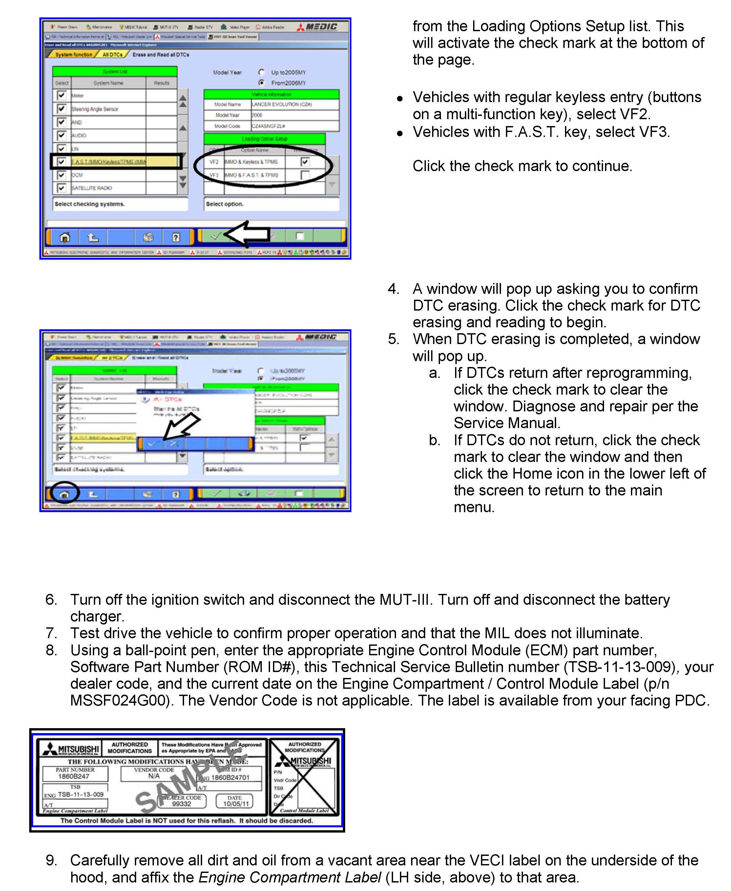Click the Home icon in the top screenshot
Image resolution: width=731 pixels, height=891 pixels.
coord(64,237)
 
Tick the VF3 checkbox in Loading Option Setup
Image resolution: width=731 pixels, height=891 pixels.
coord(305,175)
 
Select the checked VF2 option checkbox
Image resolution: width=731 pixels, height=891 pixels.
coord(305,162)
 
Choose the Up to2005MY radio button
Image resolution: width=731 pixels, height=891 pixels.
coord(261,72)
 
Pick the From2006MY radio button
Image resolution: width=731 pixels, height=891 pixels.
coord(261,83)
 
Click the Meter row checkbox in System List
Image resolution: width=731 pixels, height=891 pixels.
coord(61,95)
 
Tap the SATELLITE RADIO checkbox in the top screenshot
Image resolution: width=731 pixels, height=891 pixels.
coord(61,188)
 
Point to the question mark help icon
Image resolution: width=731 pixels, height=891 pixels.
coord(176,237)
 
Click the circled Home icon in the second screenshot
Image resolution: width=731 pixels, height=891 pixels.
coord(64,494)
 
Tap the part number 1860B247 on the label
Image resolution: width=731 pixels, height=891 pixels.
coord(74,776)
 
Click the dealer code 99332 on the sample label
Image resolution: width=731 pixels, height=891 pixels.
coord(181,804)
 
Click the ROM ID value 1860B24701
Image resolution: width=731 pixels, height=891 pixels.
coord(230,777)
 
